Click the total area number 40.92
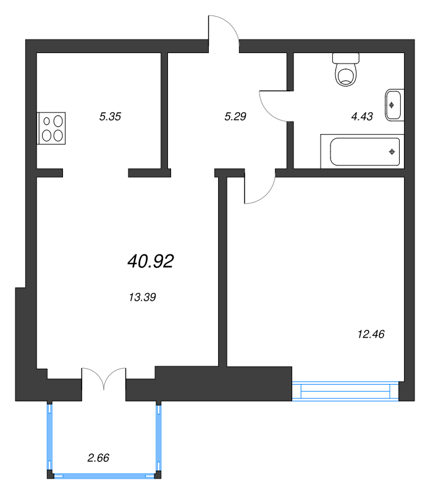point(151,261)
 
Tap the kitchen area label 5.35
point(110,117)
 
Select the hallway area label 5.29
point(235,117)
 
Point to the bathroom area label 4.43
point(362,117)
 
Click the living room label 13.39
point(142,297)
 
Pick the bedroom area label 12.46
point(371,334)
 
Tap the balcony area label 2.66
point(98,458)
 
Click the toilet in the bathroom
point(346,70)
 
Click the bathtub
point(363,151)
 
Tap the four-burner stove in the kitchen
point(51,128)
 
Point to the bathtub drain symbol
point(392,152)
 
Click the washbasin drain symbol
point(392,105)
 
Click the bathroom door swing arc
point(266,111)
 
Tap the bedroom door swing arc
point(266,195)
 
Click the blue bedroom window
point(345,391)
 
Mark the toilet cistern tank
point(346,58)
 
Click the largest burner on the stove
point(58,121)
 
